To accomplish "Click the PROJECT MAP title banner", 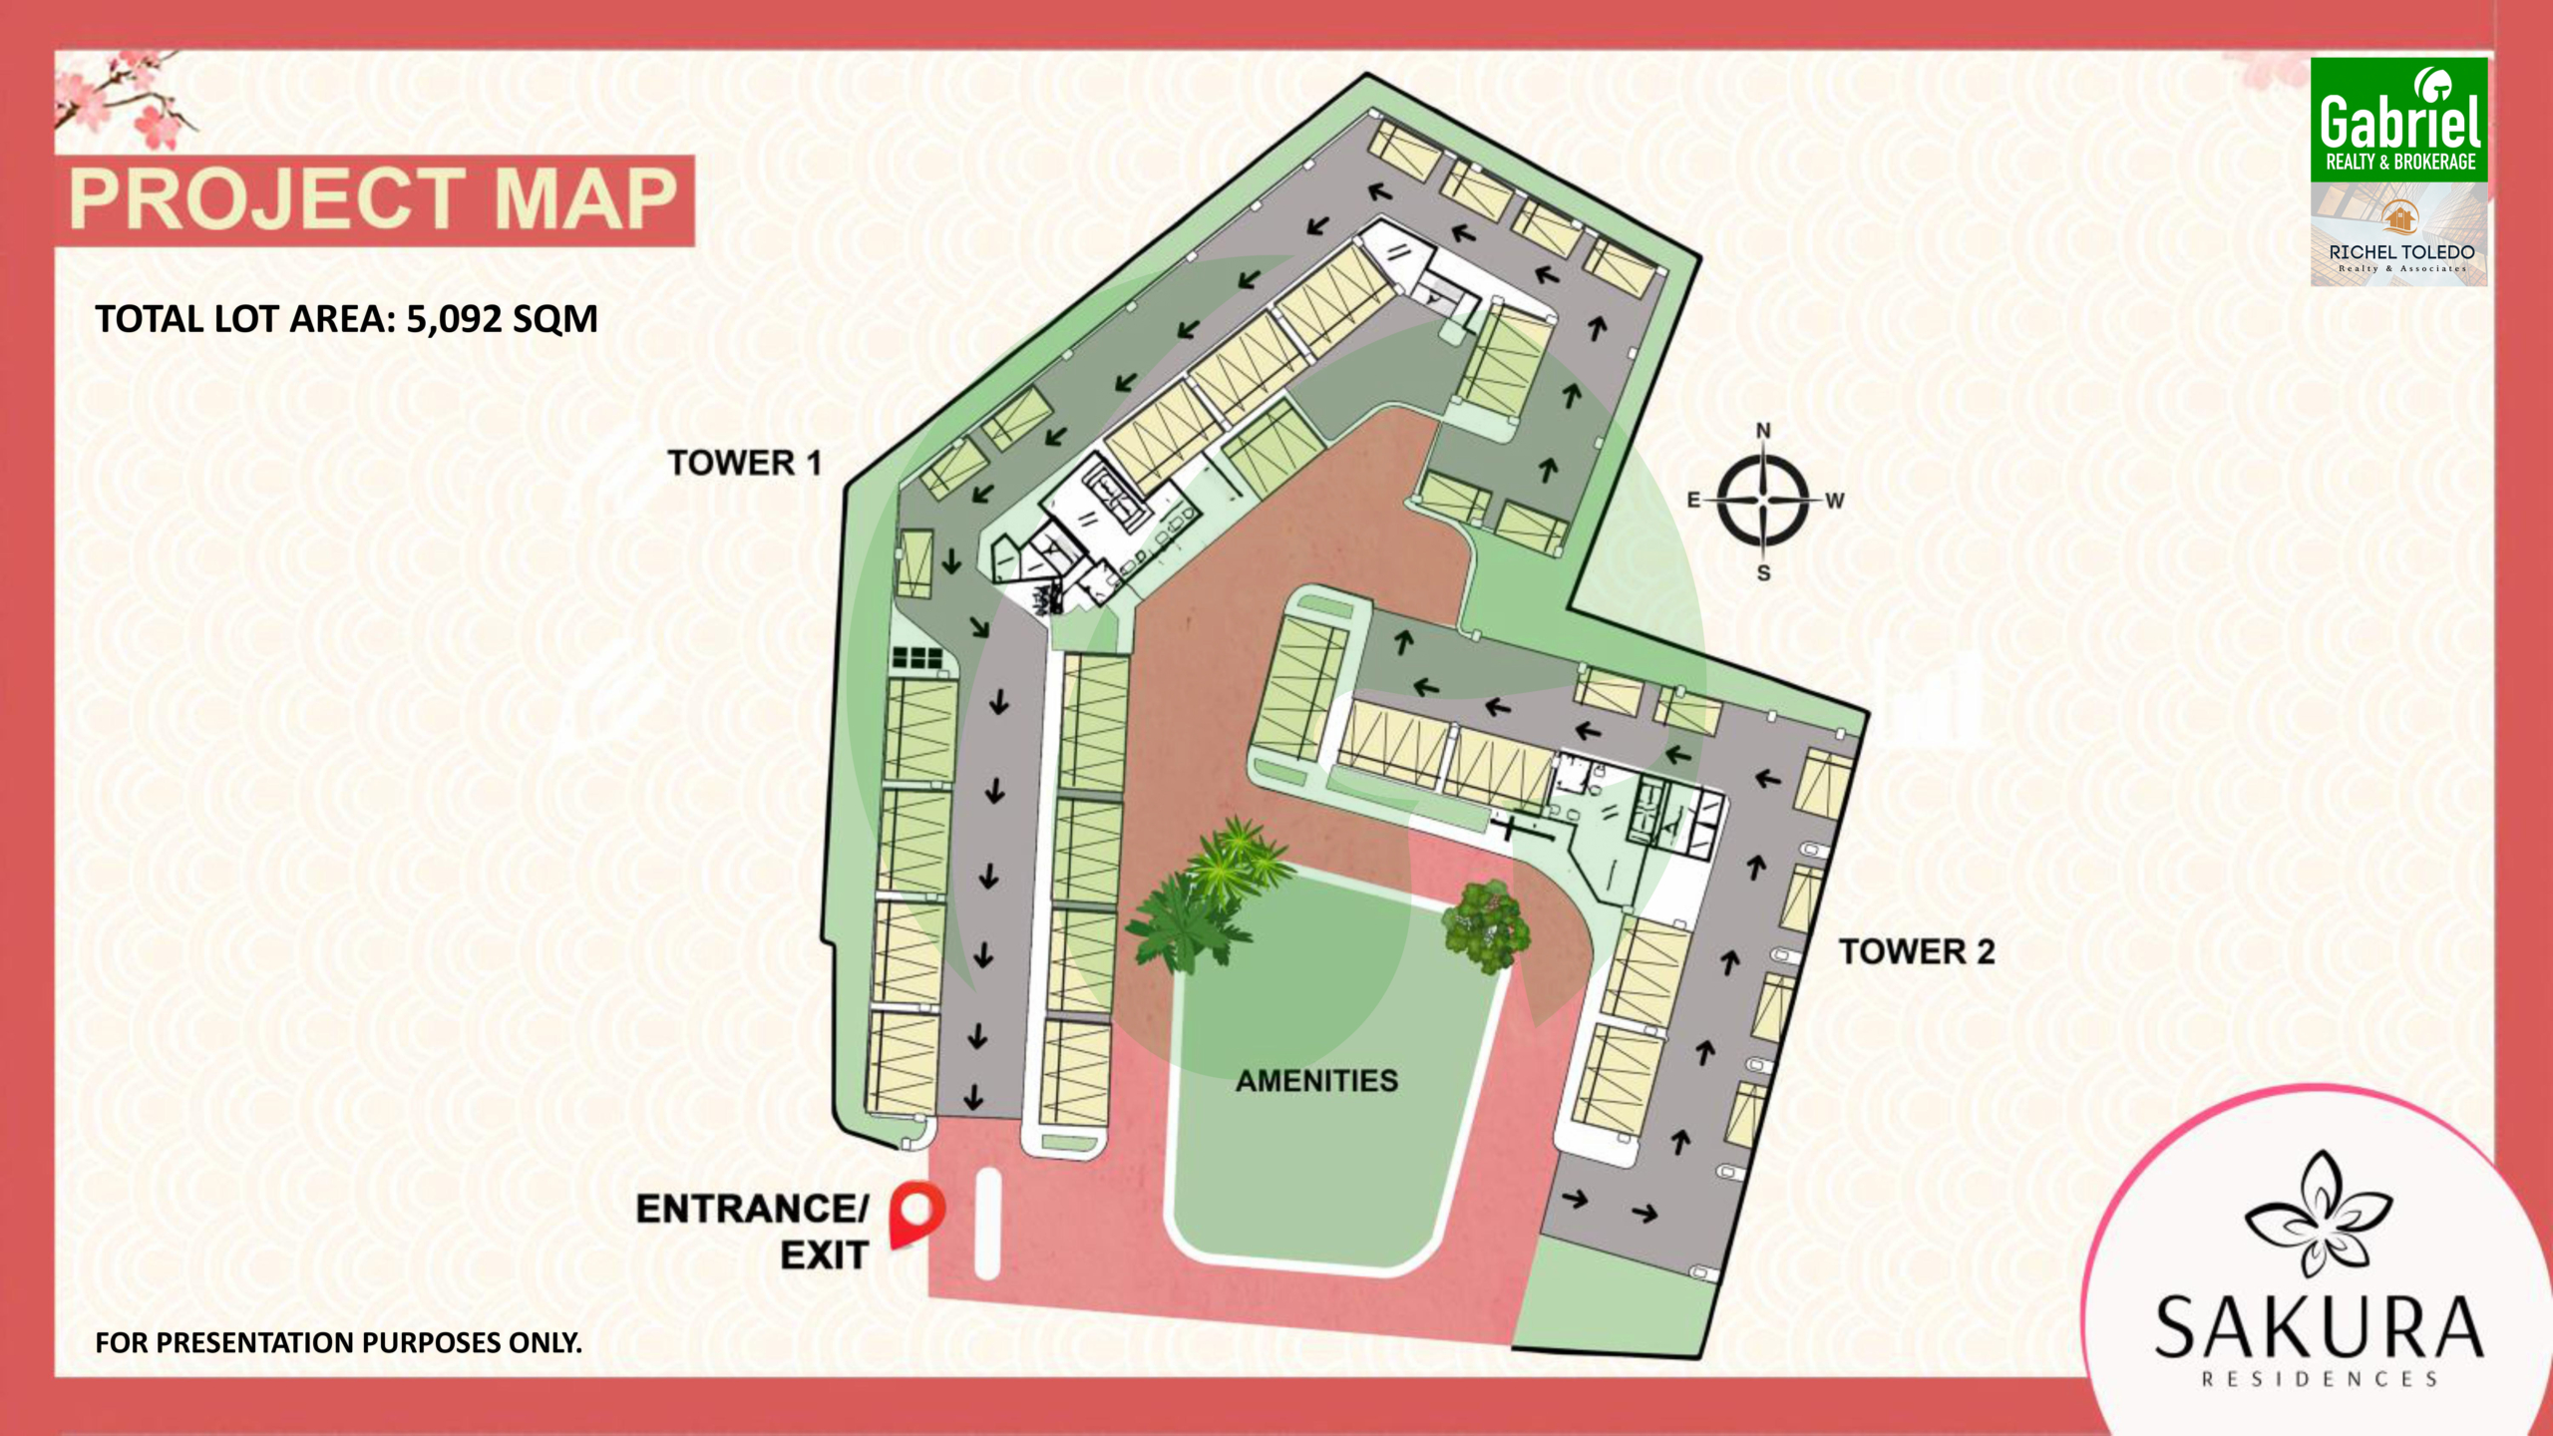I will [x=374, y=199].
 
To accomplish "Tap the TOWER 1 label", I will [x=744, y=463].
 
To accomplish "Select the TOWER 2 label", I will [x=1916, y=951].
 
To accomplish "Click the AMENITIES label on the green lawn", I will [x=1316, y=1080].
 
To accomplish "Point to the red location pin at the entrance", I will [x=915, y=1211].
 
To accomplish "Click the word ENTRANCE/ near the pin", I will [x=753, y=1209].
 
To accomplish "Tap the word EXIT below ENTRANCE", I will [x=824, y=1256].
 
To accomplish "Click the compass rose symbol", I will [x=1762, y=501].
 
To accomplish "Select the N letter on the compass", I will [x=1763, y=431].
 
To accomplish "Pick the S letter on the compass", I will [x=1763, y=573].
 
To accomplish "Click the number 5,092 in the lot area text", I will [x=454, y=319].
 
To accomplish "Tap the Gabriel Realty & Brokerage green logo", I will [x=2398, y=120].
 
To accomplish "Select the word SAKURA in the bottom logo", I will [x=2318, y=1327].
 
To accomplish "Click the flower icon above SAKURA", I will [x=2318, y=1215].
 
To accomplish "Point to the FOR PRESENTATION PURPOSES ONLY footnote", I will [x=338, y=1342].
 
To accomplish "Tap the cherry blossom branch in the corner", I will [x=125, y=100].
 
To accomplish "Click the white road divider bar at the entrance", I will [x=987, y=1224].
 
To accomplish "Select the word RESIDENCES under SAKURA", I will [x=2320, y=1379].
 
